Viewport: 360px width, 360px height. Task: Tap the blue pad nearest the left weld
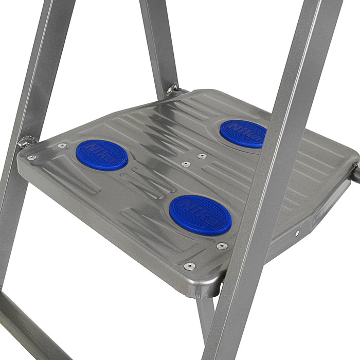click(102, 155)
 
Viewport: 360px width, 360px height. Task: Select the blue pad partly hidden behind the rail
click(243, 134)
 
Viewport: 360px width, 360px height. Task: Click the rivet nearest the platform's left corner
click(32, 158)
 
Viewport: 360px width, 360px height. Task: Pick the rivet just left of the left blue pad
click(62, 145)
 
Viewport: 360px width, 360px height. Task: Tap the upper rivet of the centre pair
click(202, 156)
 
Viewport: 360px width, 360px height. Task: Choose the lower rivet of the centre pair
click(186, 164)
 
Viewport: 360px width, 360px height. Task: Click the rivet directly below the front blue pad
click(222, 246)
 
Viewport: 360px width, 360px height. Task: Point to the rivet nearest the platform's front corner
click(189, 266)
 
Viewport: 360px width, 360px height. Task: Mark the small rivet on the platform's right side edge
click(297, 233)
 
